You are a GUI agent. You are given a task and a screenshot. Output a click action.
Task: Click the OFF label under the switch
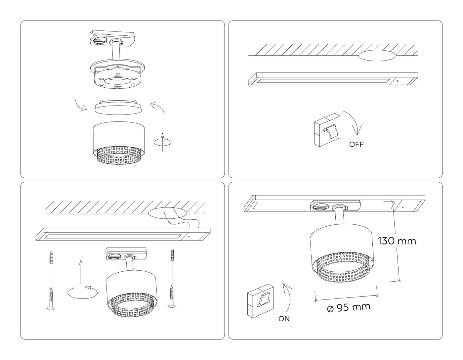[356, 144]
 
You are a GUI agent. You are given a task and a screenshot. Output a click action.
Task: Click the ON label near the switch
[284, 319]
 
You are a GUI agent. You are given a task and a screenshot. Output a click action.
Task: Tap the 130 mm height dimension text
[397, 241]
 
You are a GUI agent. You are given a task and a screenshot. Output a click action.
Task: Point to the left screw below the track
[51, 298]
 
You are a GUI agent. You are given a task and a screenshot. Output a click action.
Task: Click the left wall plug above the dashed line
[51, 258]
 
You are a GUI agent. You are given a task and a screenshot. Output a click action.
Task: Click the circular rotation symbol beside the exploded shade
[162, 142]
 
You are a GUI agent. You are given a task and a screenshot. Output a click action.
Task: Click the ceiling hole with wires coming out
[167, 213]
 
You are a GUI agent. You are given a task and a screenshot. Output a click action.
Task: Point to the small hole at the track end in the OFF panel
[398, 80]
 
